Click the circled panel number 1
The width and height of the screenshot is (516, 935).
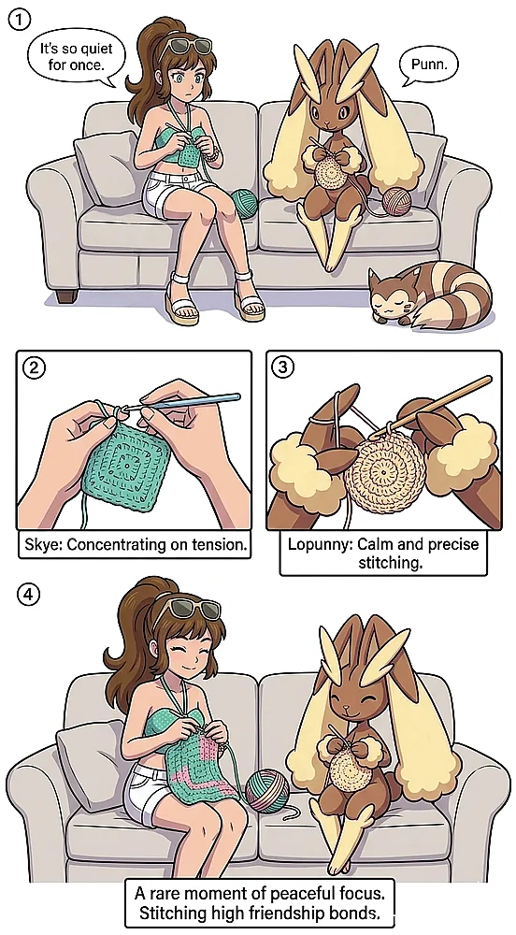pos(19,20)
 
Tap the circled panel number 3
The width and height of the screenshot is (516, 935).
pos(282,367)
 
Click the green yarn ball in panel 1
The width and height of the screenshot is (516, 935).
pos(245,202)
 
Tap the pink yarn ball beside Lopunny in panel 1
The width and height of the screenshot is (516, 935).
pos(396,201)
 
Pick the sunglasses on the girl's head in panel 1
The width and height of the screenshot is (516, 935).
pos(190,46)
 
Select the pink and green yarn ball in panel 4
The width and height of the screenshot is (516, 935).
pos(267,791)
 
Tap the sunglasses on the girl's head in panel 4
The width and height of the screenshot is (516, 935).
pos(190,609)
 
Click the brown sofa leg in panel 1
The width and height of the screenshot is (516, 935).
pos(66,296)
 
